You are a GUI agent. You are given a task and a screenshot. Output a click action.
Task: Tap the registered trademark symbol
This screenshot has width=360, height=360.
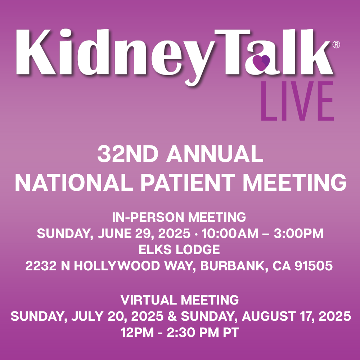click(336, 44)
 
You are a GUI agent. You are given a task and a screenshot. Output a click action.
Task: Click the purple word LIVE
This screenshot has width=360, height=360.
click(297, 101)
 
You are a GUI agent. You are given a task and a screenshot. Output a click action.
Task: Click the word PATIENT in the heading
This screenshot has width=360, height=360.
click(188, 182)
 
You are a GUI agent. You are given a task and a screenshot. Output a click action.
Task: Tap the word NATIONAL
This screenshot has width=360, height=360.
click(74, 182)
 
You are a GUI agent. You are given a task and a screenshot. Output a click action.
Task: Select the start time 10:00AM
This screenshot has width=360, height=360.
click(230, 234)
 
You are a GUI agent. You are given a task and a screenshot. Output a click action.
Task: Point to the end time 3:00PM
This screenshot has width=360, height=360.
click(298, 234)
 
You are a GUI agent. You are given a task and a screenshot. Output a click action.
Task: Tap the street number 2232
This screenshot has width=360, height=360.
click(41, 266)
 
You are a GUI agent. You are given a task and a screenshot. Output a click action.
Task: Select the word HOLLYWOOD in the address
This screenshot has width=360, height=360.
click(117, 266)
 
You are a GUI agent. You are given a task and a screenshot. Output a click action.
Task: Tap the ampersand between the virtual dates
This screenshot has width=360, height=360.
click(172, 316)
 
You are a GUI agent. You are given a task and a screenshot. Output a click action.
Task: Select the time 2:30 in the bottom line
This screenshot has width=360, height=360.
click(181, 332)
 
